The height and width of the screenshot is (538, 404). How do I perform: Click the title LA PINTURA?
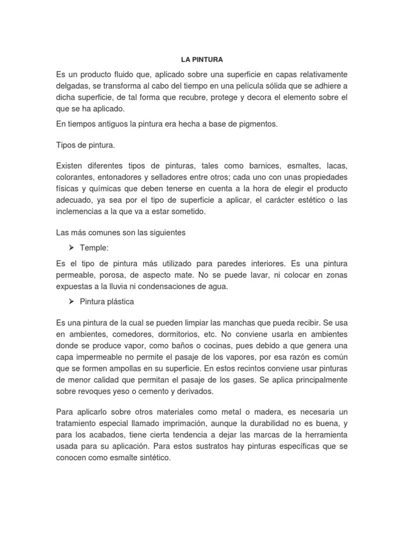201,59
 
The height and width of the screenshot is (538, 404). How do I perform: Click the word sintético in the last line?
154,458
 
